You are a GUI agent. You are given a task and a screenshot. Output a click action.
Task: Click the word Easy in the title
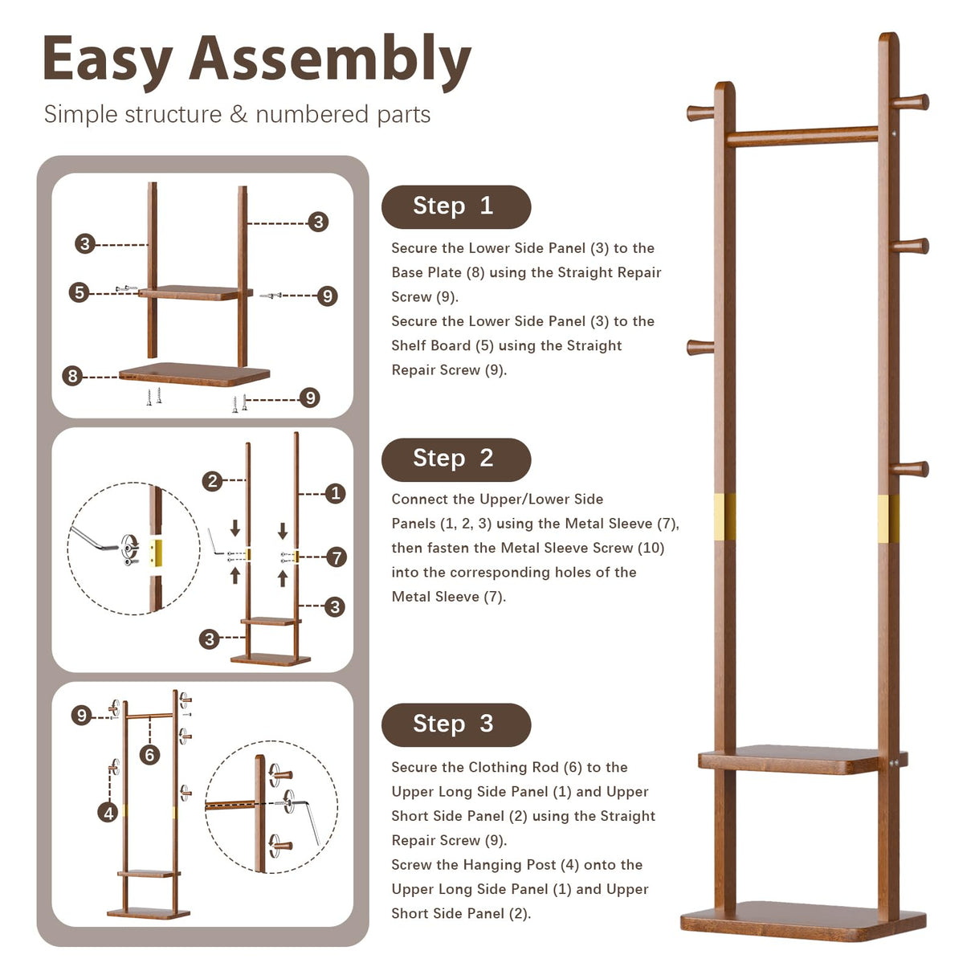click(106, 61)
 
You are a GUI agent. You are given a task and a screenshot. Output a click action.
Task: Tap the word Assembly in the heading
click(329, 61)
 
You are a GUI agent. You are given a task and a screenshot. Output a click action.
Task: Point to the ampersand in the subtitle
click(239, 115)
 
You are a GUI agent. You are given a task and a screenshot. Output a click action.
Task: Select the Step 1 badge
click(455, 206)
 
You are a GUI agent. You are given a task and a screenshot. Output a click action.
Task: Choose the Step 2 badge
click(455, 459)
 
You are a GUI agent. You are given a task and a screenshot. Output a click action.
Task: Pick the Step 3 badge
click(455, 724)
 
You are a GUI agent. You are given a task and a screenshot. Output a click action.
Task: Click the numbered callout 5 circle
click(79, 292)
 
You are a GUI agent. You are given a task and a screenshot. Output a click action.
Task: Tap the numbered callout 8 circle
click(72, 376)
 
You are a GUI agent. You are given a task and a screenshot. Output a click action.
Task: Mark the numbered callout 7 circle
click(337, 557)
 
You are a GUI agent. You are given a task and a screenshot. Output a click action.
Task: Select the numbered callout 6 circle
click(149, 755)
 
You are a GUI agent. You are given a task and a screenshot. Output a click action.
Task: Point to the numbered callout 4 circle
click(108, 813)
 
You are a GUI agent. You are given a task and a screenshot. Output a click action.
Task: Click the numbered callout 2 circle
click(212, 481)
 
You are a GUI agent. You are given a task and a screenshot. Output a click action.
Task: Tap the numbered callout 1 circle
click(336, 493)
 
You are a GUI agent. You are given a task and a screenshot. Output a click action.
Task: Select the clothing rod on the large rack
click(803, 137)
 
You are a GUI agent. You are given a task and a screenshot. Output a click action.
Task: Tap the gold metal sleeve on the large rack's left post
click(724, 516)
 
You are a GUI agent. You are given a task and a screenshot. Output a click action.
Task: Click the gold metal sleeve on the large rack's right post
click(888, 518)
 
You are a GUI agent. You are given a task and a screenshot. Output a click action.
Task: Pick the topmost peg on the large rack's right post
click(912, 102)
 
